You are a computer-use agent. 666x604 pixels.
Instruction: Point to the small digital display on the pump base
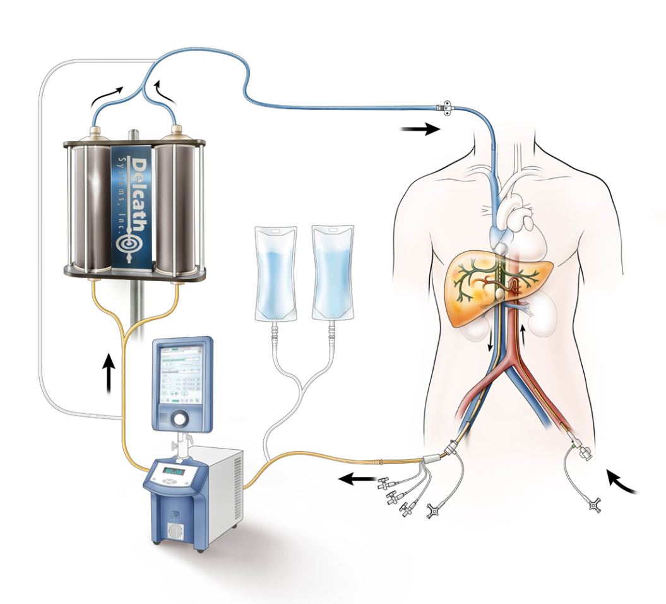[172, 471]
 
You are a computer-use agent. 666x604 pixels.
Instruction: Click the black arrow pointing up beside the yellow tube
[109, 373]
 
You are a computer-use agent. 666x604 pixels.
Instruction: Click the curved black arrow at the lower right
[622, 483]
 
